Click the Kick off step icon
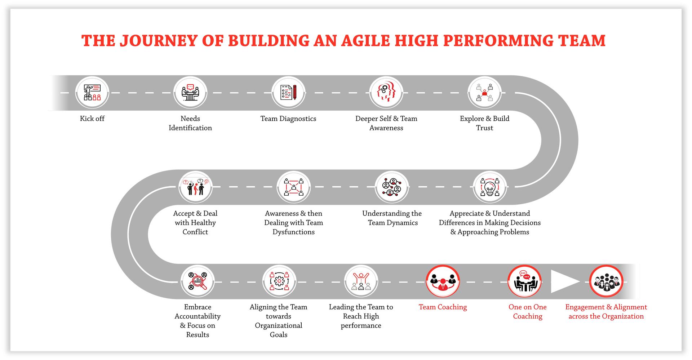click(x=92, y=93)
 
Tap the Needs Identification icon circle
click(x=190, y=93)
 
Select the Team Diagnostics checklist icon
click(x=288, y=93)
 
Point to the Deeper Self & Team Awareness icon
click(x=386, y=93)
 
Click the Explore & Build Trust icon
click(x=484, y=93)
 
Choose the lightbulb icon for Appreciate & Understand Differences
click(x=489, y=187)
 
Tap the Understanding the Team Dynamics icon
click(x=392, y=187)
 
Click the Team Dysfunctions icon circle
click(x=294, y=187)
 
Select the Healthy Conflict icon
click(x=196, y=187)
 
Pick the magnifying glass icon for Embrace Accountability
click(x=198, y=281)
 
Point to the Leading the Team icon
click(x=361, y=281)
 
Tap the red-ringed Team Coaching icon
click(x=443, y=281)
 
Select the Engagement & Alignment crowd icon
click(x=606, y=281)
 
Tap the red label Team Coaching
click(x=443, y=307)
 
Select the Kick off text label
click(x=92, y=119)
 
